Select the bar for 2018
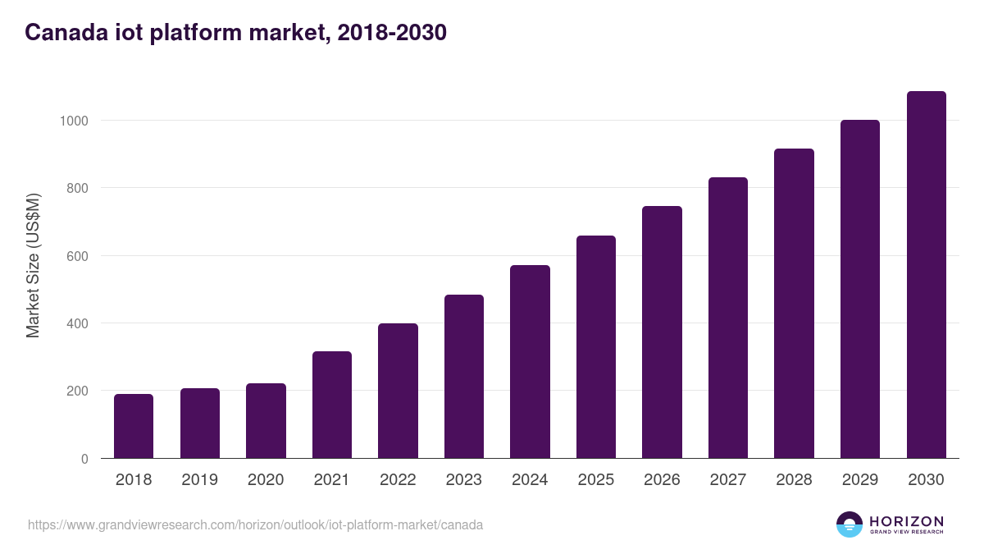pos(134,426)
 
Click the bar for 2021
pos(332,405)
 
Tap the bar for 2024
pos(530,361)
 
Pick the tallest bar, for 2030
pos(926,274)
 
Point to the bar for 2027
pos(728,318)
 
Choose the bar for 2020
pos(266,420)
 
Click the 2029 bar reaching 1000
pos(860,289)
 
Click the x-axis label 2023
pos(463,480)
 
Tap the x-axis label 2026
pos(662,480)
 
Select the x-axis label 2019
pos(199,480)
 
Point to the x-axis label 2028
pos(794,480)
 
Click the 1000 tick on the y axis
pos(73,121)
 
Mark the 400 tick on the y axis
pos(77,323)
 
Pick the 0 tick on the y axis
pos(84,459)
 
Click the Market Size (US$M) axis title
pos(33,266)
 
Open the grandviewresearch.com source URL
pos(255,524)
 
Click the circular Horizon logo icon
pos(850,524)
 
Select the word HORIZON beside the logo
pos(906,521)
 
